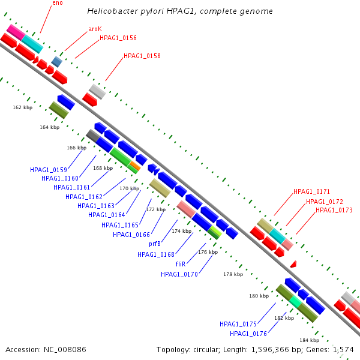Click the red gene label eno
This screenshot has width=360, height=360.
(x=58, y=3)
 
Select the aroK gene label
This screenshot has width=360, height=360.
(x=95, y=29)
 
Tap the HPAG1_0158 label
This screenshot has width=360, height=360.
(x=142, y=56)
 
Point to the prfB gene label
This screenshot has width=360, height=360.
(x=155, y=244)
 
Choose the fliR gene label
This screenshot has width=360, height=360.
(x=181, y=264)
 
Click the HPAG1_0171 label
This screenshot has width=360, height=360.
(x=311, y=191)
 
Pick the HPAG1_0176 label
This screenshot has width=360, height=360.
(x=248, y=334)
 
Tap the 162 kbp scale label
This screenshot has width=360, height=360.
(x=23, y=107)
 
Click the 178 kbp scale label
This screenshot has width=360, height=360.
(x=233, y=274)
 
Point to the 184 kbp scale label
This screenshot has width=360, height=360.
(x=309, y=340)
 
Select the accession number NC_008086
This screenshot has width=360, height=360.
(x=65, y=350)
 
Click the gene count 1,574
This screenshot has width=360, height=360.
(x=343, y=350)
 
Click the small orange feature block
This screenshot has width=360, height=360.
(x=135, y=166)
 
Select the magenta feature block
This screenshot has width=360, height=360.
(x=16, y=32)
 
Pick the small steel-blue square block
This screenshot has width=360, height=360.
(x=57, y=62)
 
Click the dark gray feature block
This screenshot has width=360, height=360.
(x=93, y=136)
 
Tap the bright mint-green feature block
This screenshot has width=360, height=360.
(x=295, y=301)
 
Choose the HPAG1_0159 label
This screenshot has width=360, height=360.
(x=49, y=170)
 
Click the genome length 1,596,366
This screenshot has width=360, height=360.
(x=270, y=350)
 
